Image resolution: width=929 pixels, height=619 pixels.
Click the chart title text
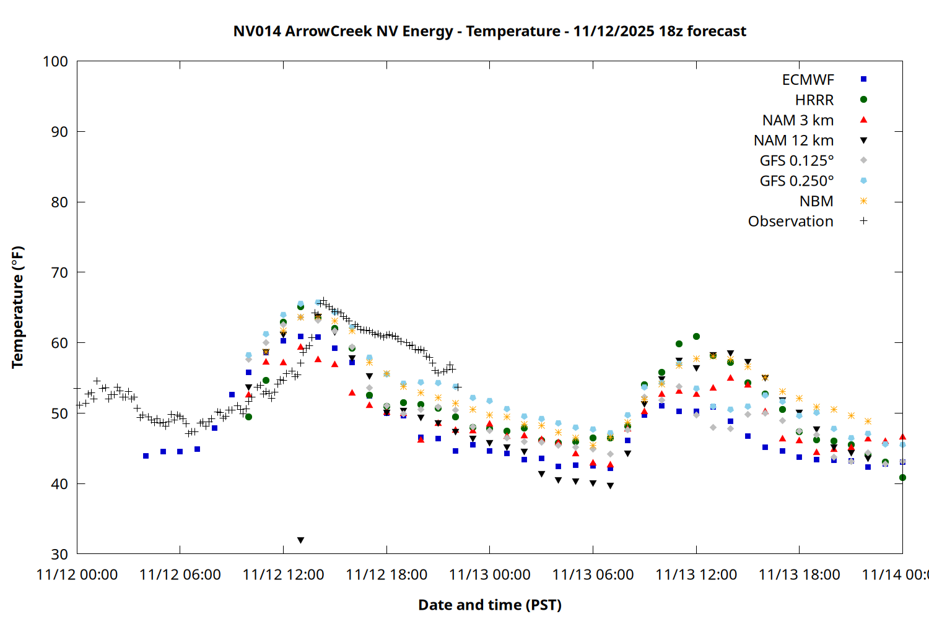coord(489,31)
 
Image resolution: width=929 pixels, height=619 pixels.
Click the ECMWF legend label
coord(808,80)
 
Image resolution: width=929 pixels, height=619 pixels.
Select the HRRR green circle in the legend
coord(863,100)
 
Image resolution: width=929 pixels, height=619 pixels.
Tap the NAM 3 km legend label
coord(798,120)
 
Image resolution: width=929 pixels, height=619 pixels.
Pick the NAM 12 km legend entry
coord(793,141)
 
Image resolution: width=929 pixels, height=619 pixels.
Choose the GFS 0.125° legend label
coord(796,161)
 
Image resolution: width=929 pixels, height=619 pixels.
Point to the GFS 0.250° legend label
coord(796,181)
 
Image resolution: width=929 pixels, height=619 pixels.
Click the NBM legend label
coord(816,201)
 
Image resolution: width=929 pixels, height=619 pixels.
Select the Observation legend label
coord(790,222)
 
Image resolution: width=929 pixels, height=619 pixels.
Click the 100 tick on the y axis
coord(55,61)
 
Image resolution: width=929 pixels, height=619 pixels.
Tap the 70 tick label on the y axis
coord(59,272)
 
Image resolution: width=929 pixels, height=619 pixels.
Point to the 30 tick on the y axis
coord(59,554)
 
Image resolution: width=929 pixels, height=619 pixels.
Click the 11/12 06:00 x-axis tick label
coord(180,575)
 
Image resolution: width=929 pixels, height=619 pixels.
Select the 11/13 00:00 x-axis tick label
coord(490,575)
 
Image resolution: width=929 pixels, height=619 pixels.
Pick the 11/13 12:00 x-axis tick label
coord(696,575)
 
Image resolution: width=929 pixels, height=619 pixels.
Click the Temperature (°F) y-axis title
coord(17,307)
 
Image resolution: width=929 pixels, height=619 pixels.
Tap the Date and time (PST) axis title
coord(489,605)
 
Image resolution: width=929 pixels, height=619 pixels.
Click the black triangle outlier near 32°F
coord(300,540)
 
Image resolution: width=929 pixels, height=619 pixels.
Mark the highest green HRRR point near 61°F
coord(696,337)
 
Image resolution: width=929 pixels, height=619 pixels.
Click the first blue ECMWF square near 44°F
coord(146,456)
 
